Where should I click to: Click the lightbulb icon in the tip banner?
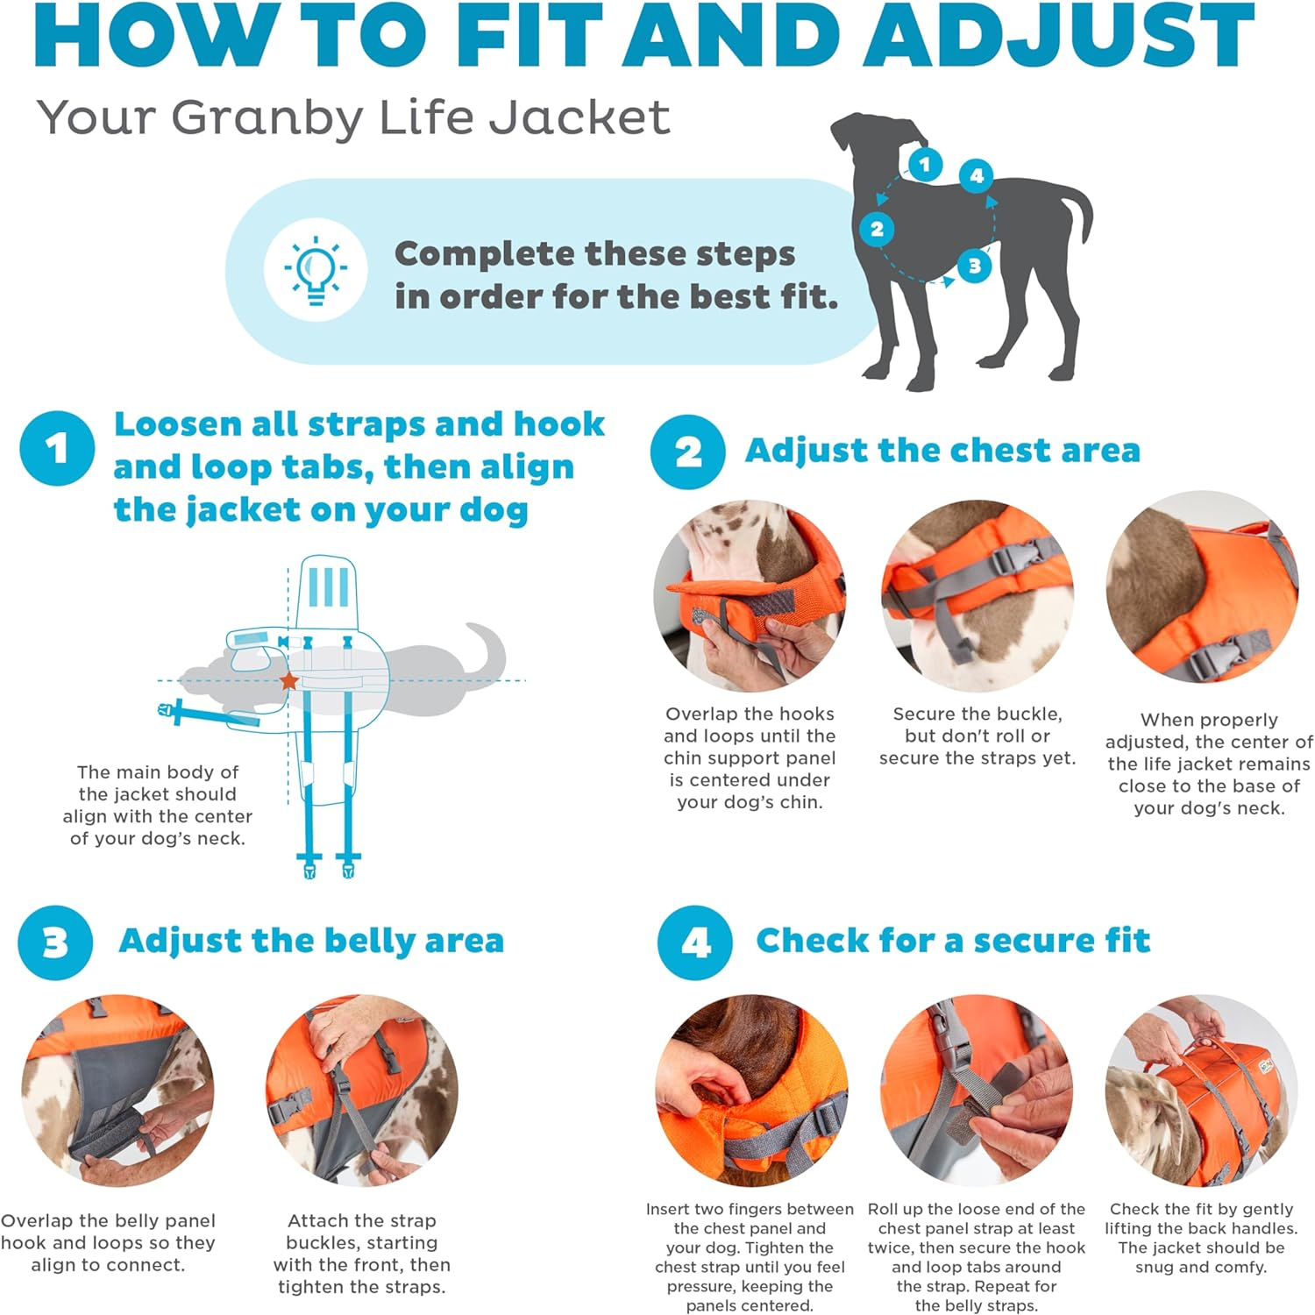[316, 270]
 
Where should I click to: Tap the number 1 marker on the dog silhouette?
[924, 164]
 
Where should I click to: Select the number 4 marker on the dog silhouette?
[976, 175]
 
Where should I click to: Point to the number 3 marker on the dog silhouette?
[974, 266]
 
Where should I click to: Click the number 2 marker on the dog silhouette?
[877, 230]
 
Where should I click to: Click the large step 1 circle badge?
[57, 449]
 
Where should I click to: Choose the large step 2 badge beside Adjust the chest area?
[687, 451]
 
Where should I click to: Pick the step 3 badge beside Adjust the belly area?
[55, 942]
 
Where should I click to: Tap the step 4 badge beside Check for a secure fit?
[695, 942]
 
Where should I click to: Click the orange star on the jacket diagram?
[288, 681]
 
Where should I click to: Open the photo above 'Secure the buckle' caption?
[977, 596]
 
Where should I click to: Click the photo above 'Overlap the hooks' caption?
[750, 596]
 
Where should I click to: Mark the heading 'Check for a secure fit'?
[952, 941]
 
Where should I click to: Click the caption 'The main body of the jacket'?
[158, 805]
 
